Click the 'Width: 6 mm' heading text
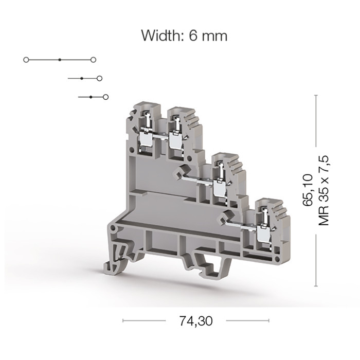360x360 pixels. tap(184, 35)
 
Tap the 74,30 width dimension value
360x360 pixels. tap(196, 321)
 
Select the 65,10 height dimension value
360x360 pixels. tap(308, 190)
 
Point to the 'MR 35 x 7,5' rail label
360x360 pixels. tap(323, 191)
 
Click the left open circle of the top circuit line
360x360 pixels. tap(26, 60)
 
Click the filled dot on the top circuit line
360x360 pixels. tap(60, 60)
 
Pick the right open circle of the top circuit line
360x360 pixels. tap(93, 60)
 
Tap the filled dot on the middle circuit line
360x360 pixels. tap(82, 79)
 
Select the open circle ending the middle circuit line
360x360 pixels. tap(99, 79)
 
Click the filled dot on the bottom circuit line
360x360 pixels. tap(91, 97)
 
